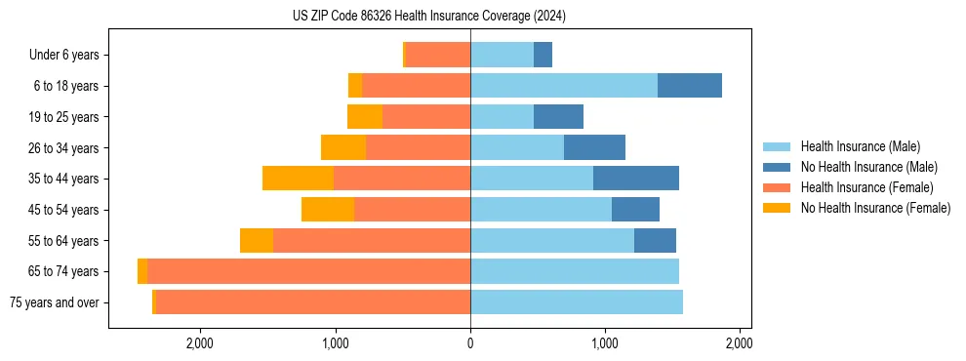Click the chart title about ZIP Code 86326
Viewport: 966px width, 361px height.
429,17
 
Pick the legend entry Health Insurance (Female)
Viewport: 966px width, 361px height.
866,187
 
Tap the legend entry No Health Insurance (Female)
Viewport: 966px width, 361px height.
875,208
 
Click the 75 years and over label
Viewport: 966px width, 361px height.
54,302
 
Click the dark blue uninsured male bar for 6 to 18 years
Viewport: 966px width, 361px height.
690,86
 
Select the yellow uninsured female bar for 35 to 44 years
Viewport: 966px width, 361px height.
298,179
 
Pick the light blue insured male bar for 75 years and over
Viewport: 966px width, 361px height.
577,302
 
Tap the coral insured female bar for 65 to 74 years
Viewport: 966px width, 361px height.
308,271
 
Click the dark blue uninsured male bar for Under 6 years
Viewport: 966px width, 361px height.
543,56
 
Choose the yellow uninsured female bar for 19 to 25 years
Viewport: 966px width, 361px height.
365,117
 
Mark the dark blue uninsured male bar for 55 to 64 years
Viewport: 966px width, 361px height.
655,241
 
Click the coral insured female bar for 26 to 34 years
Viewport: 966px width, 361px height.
418,147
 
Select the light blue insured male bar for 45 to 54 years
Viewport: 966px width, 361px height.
541,210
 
